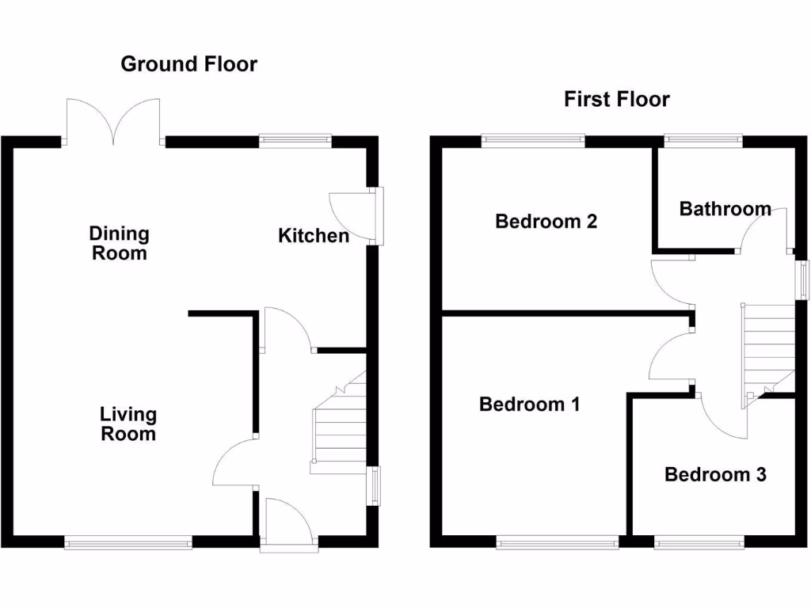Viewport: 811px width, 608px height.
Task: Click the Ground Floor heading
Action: [x=188, y=64]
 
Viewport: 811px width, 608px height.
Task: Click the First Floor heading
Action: [x=616, y=99]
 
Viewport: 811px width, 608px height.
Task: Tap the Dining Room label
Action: [x=119, y=243]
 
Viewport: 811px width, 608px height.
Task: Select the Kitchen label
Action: [x=314, y=235]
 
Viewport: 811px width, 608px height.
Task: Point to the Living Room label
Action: [x=128, y=424]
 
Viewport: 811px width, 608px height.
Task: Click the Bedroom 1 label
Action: [x=530, y=405]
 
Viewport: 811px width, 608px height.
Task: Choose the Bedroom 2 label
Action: [x=546, y=221]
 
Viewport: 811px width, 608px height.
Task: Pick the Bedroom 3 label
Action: [x=715, y=474]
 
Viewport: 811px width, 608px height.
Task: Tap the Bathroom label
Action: [x=725, y=209]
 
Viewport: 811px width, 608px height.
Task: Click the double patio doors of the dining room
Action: [x=116, y=123]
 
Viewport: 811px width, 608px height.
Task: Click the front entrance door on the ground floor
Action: [x=288, y=522]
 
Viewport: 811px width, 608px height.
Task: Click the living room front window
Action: [x=128, y=542]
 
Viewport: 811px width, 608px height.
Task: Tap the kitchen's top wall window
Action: [x=295, y=141]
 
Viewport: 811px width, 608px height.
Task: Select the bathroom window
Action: [x=702, y=141]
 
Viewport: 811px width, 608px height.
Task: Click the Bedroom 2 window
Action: [x=533, y=141]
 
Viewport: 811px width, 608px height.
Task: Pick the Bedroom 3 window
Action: [x=699, y=542]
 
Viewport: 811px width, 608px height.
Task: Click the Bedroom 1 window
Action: [x=558, y=542]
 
